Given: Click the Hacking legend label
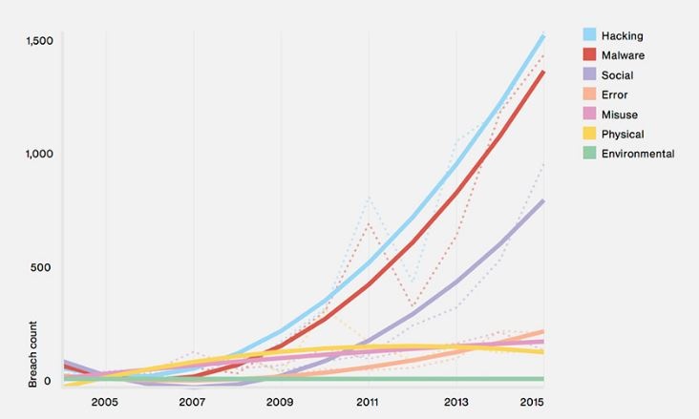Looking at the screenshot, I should tap(622, 36).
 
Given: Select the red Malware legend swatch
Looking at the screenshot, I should tap(590, 55).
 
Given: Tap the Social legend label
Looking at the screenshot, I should tap(617, 75).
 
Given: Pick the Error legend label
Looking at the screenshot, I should tap(615, 94).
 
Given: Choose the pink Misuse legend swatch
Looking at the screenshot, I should tap(590, 115).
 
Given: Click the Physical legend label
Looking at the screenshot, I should tap(623, 135).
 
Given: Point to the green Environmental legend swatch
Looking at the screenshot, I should tap(590, 154).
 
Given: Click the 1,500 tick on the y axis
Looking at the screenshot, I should tap(39, 41).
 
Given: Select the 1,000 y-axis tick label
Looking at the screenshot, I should tap(39, 154).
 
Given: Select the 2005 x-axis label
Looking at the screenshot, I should tap(105, 402).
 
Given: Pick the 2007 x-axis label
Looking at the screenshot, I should tap(193, 402).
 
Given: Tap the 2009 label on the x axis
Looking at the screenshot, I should tap(281, 402).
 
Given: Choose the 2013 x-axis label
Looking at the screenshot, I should tap(456, 402).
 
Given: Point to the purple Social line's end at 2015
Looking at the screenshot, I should tap(543, 200).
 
